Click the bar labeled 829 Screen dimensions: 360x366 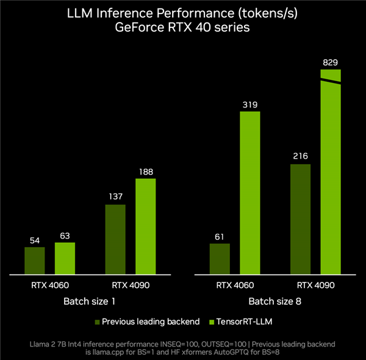point(331,183)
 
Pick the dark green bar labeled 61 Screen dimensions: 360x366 point(220,259)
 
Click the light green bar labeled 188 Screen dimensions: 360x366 point(145,226)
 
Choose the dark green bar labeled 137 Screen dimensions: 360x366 point(115,239)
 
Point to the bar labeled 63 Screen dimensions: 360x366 point(65,258)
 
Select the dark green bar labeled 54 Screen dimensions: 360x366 point(35,260)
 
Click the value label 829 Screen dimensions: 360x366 point(331,62)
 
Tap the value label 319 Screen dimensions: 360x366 point(249,104)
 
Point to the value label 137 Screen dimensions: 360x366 point(115,197)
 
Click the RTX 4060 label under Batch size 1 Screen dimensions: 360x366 point(49,285)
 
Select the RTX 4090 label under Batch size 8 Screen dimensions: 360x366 point(315,285)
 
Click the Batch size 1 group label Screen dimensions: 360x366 point(90,301)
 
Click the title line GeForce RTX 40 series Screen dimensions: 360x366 point(183,27)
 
